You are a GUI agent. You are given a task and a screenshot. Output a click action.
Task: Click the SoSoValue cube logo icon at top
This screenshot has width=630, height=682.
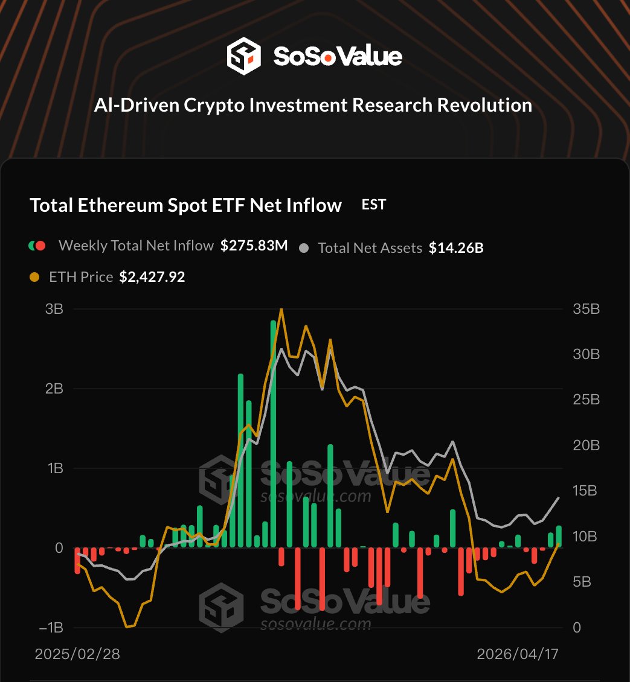point(243,56)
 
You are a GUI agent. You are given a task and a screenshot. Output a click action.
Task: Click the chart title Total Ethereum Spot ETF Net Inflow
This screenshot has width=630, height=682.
point(185,205)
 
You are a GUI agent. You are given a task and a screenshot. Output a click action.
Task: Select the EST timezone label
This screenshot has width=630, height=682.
point(373,205)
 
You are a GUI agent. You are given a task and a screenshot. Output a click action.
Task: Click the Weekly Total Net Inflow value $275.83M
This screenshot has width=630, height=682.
point(254,246)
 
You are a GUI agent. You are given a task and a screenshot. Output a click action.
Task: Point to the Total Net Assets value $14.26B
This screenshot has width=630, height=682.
point(456,248)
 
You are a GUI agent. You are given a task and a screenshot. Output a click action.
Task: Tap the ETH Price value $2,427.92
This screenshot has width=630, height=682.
point(152,277)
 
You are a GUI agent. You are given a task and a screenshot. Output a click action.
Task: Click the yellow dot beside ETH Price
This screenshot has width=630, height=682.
point(34,277)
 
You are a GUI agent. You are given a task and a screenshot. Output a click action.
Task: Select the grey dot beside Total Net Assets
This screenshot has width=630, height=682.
point(304,248)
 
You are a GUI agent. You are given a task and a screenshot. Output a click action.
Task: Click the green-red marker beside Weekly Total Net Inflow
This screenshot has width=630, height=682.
point(37,246)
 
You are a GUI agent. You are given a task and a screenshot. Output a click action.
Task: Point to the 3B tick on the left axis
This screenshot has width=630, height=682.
point(54,309)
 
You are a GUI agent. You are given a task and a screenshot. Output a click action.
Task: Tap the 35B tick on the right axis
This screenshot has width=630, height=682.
point(586,309)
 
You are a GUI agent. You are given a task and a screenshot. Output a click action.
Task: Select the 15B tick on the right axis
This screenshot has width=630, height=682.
point(586,491)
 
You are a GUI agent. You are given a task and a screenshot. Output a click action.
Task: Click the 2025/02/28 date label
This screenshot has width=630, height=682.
point(77,654)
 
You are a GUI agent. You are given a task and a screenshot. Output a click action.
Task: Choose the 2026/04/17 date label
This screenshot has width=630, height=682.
point(517,654)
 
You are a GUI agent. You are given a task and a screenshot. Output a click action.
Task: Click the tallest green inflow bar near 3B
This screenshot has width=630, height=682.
point(273,435)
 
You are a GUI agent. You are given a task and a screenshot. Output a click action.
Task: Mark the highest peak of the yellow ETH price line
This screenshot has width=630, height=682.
point(281,309)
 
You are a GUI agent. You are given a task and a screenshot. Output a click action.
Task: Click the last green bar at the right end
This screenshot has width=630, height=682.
point(559,537)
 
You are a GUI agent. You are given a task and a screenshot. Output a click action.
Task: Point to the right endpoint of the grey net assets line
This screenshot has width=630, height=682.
point(559,497)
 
